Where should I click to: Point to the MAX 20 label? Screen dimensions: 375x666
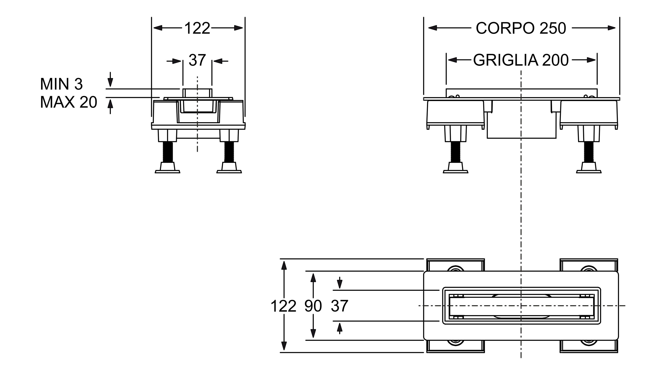pos(69,102)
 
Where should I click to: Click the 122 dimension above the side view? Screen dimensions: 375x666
pos(197,28)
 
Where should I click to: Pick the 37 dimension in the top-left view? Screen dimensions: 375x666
pos(197,60)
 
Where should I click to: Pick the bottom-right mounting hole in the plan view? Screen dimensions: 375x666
pos(589,343)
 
